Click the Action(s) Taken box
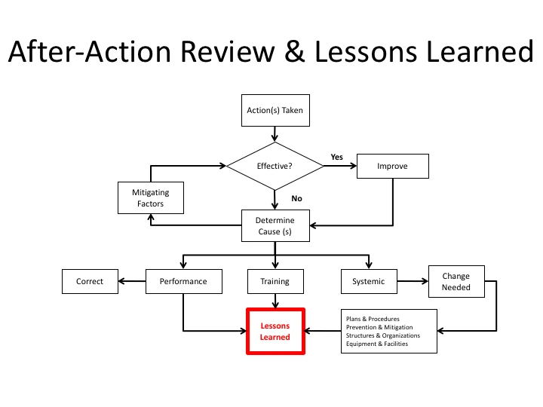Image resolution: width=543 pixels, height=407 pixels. [x=275, y=110]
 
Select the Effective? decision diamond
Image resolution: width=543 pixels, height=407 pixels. [x=275, y=167]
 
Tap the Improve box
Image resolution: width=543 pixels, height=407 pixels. [x=392, y=167]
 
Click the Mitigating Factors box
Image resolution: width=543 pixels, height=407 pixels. [x=151, y=198]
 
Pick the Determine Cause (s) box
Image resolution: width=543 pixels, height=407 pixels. [x=275, y=226]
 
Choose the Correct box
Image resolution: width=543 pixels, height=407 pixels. [x=90, y=282]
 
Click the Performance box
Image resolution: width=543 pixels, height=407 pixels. [x=183, y=282]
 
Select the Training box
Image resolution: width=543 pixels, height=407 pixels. [x=275, y=282]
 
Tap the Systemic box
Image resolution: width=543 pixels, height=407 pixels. [x=368, y=282]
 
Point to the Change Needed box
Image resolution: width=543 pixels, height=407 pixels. [x=456, y=282]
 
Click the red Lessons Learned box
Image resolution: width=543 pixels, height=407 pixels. [x=275, y=332]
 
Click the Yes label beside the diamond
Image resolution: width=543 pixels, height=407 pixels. [x=337, y=157]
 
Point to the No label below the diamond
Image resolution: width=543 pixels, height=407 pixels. [x=296, y=199]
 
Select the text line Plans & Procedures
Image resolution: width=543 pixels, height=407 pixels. [x=373, y=319]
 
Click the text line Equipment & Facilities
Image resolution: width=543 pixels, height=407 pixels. [x=376, y=344]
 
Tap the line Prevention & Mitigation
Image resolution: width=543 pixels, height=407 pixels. [x=379, y=327]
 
